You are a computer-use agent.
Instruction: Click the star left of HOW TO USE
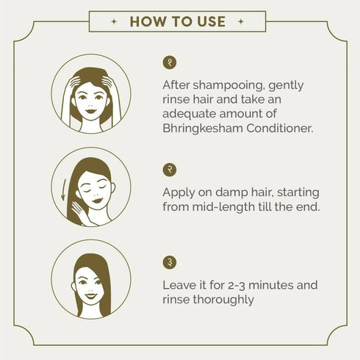coord(113,21)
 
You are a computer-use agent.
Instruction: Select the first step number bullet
coord(170,62)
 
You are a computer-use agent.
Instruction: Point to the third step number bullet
coord(170,262)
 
